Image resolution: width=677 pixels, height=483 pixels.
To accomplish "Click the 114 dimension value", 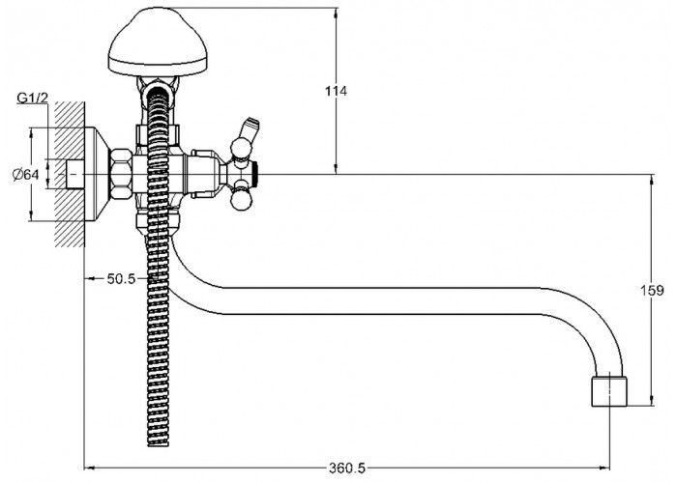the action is tap(336, 91).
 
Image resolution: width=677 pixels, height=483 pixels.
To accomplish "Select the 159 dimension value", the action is tap(652, 291).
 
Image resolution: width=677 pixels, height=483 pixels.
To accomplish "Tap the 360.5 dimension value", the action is tap(347, 468).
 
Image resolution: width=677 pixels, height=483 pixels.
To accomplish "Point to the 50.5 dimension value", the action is tap(121, 279).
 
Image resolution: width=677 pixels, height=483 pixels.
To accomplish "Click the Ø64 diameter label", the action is tap(26, 175).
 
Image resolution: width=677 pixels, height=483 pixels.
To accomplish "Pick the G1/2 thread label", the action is tap(32, 99).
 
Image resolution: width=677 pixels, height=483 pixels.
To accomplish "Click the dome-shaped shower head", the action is tap(158, 43).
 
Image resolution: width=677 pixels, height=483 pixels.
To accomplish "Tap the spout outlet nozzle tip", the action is tap(608, 391).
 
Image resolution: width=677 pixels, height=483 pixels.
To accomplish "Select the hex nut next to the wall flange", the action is tap(121, 174).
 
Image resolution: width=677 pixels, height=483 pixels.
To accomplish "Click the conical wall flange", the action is tap(98, 174).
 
